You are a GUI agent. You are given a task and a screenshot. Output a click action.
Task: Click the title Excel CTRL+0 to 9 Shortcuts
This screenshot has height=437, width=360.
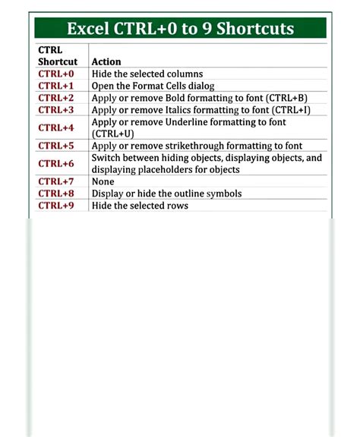pos(180,29)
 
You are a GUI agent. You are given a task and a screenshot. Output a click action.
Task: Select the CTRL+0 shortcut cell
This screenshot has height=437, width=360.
pos(56,74)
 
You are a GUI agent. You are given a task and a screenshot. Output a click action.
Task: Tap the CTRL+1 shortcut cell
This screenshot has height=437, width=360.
pos(56,86)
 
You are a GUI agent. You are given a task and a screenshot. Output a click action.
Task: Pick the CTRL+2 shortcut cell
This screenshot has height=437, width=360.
pos(56,98)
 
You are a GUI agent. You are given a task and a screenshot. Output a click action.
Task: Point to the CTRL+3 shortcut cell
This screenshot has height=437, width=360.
pos(56,110)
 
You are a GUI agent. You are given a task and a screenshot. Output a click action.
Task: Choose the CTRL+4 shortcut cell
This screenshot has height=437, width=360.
pos(56,127)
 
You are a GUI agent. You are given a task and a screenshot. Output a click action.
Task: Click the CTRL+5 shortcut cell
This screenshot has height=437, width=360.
pos(56,145)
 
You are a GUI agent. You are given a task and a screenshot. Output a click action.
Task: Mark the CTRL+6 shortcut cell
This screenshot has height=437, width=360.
pos(56,163)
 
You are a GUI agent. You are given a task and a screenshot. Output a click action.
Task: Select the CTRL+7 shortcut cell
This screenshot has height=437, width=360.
pos(56,181)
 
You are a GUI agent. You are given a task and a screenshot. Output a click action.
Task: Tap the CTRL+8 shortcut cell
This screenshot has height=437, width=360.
pos(56,193)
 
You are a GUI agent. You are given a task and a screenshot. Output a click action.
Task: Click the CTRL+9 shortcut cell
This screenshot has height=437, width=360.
pos(56,206)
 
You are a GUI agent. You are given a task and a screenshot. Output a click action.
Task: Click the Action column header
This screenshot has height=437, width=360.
pos(106,61)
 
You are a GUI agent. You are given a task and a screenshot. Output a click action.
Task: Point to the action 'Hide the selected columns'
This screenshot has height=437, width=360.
pos(147,74)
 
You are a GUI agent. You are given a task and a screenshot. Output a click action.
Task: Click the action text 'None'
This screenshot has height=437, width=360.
pos(103,181)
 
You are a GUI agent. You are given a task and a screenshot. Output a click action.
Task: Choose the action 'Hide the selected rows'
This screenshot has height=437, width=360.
pos(139,206)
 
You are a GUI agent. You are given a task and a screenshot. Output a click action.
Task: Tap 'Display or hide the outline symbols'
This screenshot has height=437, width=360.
pos(166,193)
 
